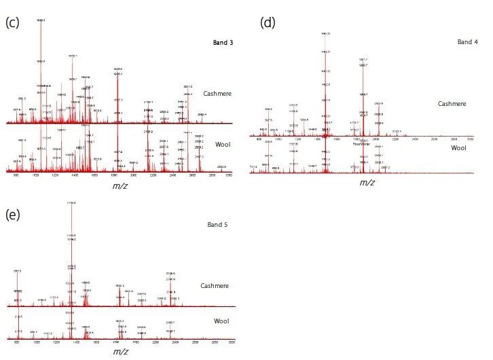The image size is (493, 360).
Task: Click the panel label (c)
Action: pyautogui.click(x=12, y=22)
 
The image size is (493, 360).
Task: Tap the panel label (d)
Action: pyautogui.click(x=268, y=23)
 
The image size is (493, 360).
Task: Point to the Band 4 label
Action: pyautogui.click(x=467, y=42)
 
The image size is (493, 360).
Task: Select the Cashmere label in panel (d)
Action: pyautogui.click(x=452, y=103)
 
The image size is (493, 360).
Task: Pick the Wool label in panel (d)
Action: pyautogui.click(x=459, y=147)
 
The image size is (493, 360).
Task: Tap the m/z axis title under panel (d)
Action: pyautogui.click(x=367, y=182)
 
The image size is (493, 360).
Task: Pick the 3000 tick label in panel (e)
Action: pyautogui.click(x=233, y=344)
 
